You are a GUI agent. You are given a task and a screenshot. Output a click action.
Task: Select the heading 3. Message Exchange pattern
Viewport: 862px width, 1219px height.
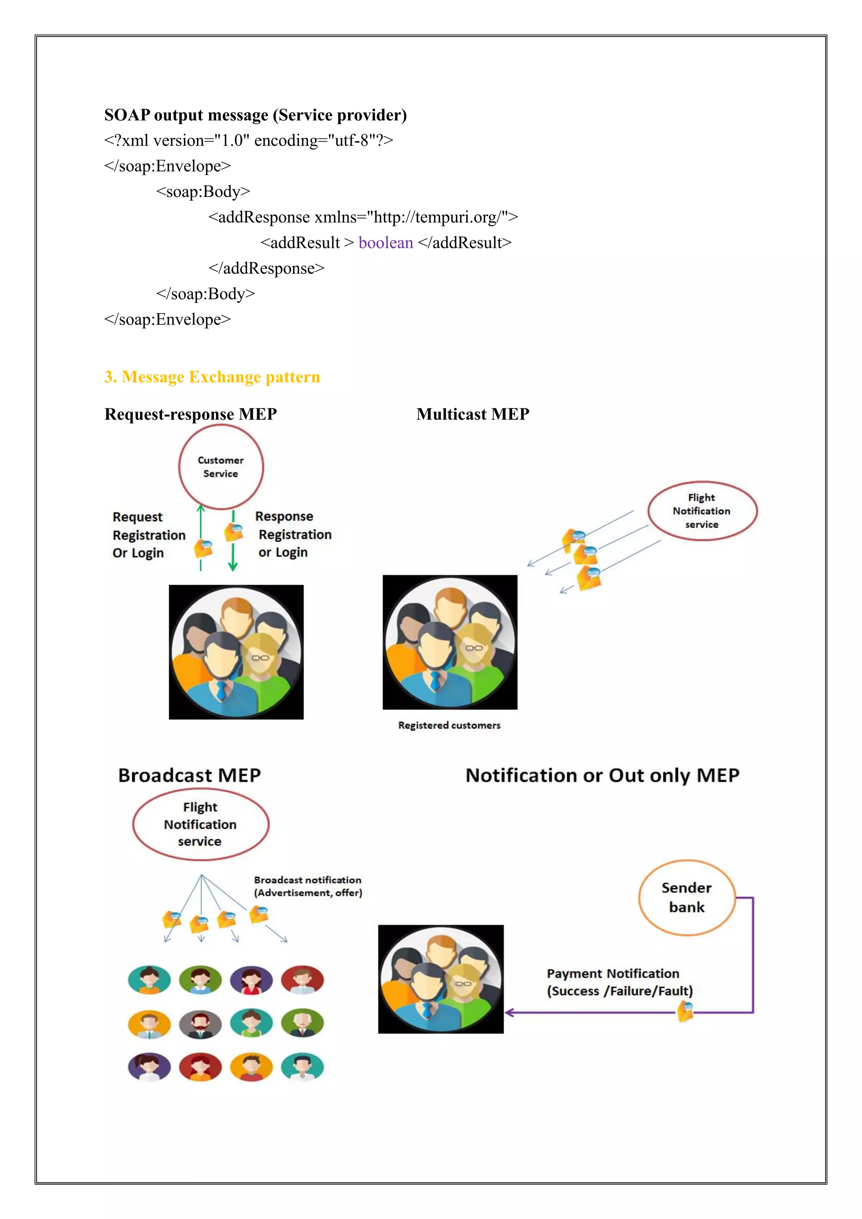[212, 377]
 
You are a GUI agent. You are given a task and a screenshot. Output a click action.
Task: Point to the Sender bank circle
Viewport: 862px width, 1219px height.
[686, 897]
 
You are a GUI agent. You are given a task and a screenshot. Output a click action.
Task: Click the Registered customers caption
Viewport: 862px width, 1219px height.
[449, 725]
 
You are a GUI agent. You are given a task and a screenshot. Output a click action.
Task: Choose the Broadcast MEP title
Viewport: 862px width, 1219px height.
[189, 775]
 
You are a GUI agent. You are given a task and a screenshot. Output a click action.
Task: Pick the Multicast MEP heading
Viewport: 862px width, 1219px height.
[472, 414]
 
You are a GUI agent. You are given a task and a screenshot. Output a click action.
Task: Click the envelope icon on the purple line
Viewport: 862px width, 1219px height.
[685, 1011]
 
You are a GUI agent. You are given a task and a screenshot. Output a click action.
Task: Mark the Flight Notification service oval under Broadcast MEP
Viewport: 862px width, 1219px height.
[201, 824]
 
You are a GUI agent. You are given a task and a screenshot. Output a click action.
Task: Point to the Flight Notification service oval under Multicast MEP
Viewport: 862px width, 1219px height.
[702, 511]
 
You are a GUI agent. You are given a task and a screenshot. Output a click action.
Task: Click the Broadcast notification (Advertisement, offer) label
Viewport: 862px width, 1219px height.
[308, 886]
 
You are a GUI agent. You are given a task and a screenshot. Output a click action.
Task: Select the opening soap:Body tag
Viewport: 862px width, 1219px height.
[203, 192]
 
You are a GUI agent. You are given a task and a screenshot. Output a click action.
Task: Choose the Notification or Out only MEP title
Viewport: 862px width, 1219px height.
[602, 775]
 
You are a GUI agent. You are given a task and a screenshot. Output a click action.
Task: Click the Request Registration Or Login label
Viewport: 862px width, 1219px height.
[149, 535]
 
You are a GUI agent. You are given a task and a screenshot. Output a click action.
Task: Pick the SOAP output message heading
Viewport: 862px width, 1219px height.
[255, 115]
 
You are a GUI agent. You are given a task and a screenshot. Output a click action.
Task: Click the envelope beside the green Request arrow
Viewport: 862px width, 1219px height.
[203, 548]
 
